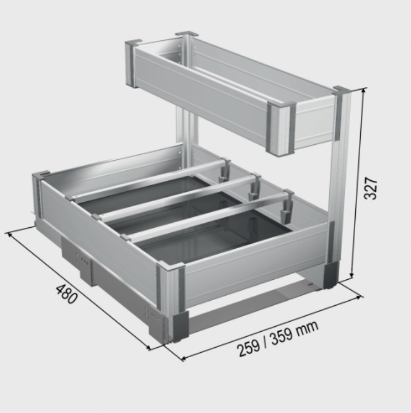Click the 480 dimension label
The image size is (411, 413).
66,295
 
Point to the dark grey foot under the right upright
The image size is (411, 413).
332,275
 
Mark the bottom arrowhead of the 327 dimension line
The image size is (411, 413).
352,277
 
